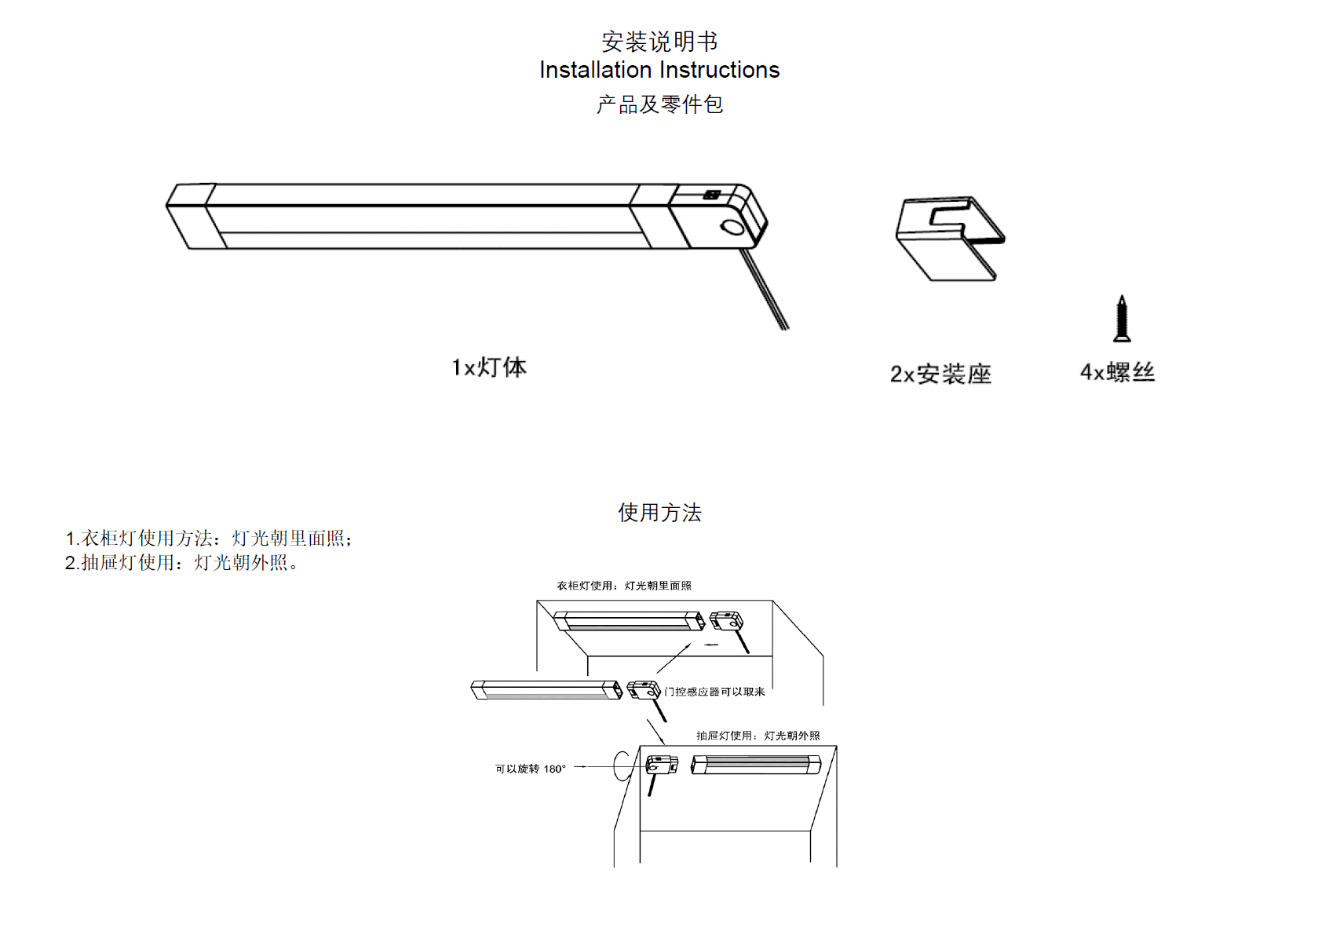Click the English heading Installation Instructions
659,70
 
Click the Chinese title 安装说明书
659,41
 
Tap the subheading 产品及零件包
659,104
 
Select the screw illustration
1122,319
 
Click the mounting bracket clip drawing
950,237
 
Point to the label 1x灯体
489,367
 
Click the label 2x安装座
940,374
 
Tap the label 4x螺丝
1117,372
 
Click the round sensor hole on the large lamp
732,228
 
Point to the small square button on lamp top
712,194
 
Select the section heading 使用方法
659,513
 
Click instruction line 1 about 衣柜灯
209,539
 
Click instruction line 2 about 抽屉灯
181,563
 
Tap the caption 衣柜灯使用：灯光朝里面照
624,586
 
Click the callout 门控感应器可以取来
714,692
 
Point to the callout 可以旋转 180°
530,769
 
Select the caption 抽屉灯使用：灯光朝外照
758,736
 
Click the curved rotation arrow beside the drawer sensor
621,765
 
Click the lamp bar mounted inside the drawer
755,765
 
